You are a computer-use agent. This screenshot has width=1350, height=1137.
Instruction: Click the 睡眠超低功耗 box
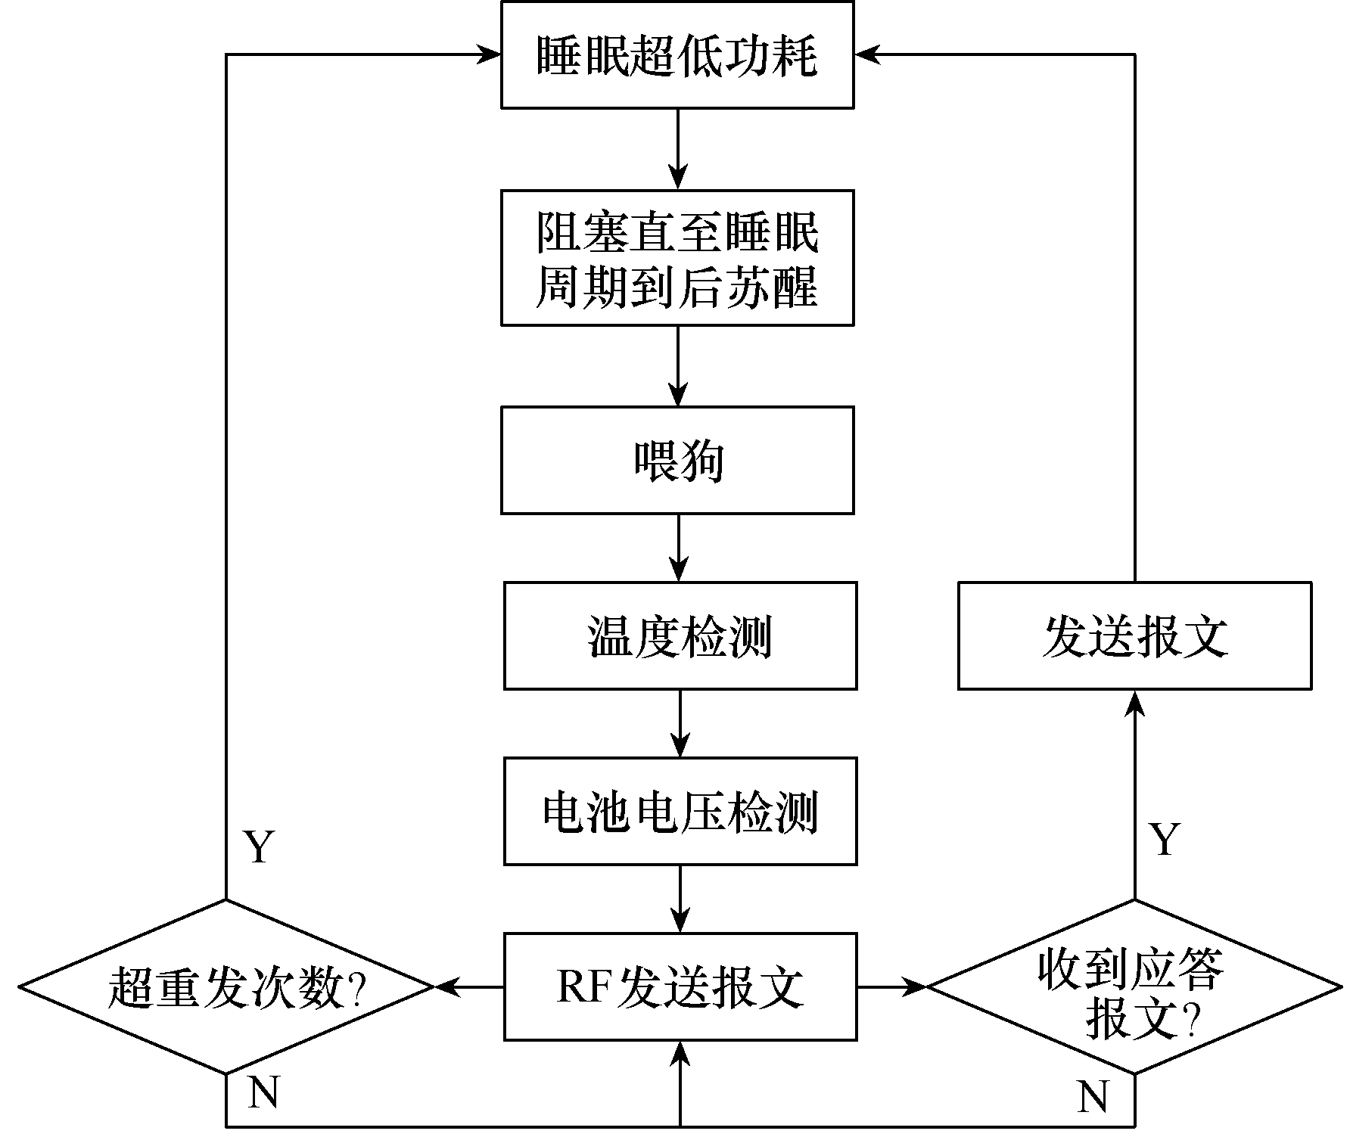pyautogui.click(x=677, y=54)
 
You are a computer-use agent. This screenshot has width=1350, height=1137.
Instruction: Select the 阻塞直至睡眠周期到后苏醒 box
pyautogui.click(x=677, y=258)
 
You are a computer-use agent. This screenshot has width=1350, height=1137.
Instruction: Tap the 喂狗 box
pyautogui.click(x=677, y=461)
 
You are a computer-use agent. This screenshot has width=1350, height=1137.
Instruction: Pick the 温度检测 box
pyautogui.click(x=680, y=635)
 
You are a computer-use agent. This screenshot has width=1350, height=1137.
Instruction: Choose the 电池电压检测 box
pyautogui.click(x=680, y=811)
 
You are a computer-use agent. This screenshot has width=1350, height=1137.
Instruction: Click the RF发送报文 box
pyautogui.click(x=680, y=986)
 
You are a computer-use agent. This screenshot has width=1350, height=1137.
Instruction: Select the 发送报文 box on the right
pyautogui.click(x=1134, y=635)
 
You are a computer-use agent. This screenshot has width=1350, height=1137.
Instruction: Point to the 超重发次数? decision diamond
pyautogui.click(x=226, y=986)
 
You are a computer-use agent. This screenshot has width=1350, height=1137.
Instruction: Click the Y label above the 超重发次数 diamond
pyautogui.click(x=259, y=847)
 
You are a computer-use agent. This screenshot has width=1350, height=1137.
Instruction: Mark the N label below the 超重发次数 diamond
pyautogui.click(x=263, y=1093)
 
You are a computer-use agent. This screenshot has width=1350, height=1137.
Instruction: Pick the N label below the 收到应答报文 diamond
pyautogui.click(x=1092, y=1096)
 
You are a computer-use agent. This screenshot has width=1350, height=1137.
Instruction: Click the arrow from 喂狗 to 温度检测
pyautogui.click(x=679, y=548)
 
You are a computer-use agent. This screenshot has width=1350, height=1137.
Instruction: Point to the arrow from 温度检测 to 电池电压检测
pyautogui.click(x=680, y=723)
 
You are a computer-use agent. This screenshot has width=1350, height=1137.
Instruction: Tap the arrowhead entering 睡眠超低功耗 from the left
pyautogui.click(x=488, y=54)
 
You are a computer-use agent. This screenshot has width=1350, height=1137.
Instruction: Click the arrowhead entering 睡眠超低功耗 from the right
pyautogui.click(x=867, y=54)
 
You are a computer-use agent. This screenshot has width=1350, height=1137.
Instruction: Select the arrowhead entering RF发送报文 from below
pyautogui.click(x=680, y=1053)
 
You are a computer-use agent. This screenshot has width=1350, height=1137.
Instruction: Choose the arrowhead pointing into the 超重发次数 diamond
pyautogui.click(x=448, y=986)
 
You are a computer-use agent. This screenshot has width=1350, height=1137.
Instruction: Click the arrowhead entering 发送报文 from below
pyautogui.click(x=1134, y=703)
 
